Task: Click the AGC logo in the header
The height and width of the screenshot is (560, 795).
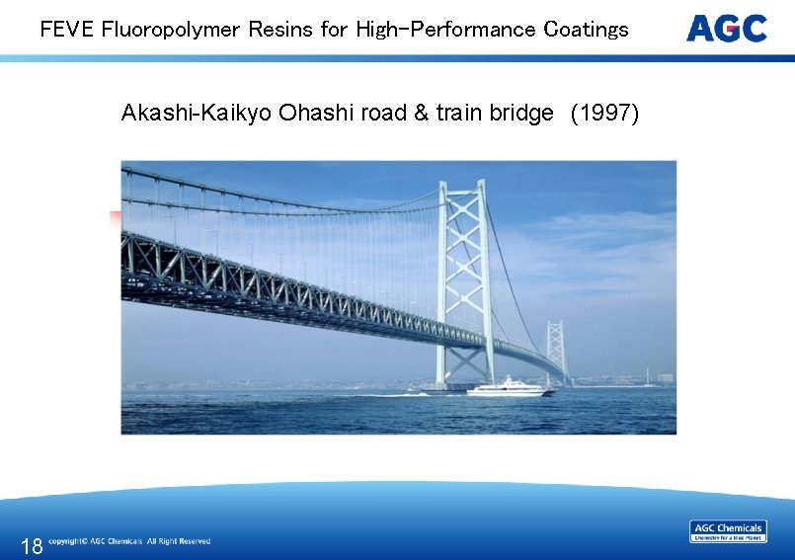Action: click(x=726, y=29)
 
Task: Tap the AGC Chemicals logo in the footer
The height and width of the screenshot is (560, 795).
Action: click(x=728, y=531)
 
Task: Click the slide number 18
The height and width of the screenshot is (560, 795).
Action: click(x=32, y=545)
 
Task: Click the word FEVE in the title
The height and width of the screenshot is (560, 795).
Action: click(x=67, y=30)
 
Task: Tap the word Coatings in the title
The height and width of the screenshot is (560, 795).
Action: click(x=586, y=30)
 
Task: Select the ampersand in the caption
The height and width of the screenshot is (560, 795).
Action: click(x=421, y=114)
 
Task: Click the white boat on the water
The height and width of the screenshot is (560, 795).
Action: click(x=510, y=387)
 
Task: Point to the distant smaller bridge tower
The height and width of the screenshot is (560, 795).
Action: click(x=556, y=351)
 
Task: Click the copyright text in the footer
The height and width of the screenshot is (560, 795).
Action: click(x=129, y=541)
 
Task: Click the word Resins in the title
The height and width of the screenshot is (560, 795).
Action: click(x=279, y=30)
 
